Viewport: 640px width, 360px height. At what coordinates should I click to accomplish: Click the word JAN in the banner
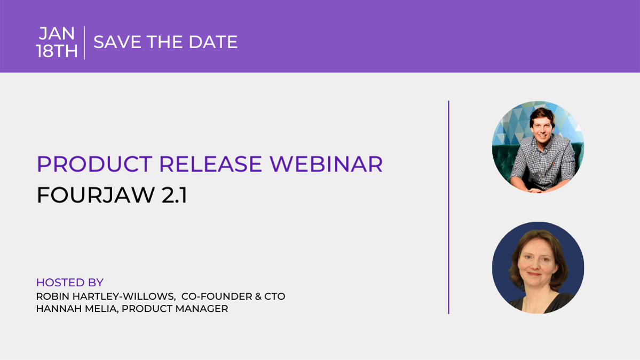pyautogui.click(x=57, y=34)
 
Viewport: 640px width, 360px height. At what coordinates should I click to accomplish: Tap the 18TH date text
pyautogui.click(x=57, y=51)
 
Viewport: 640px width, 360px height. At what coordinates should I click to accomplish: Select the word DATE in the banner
pyautogui.click(x=213, y=42)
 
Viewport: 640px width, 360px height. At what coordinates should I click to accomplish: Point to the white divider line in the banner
pyautogui.click(x=84, y=43)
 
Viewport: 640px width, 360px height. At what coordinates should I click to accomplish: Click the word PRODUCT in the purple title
pyautogui.click(x=94, y=164)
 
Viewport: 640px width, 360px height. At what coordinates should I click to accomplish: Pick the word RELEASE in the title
pyautogui.click(x=210, y=164)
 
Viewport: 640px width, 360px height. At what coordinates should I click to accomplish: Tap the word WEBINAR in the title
pyautogui.click(x=326, y=164)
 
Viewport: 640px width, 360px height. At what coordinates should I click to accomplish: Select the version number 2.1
pyautogui.click(x=175, y=195)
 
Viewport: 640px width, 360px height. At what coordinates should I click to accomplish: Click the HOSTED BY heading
pyautogui.click(x=70, y=283)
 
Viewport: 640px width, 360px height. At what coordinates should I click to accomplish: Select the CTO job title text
pyautogui.click(x=275, y=296)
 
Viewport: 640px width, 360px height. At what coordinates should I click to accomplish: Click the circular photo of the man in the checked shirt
pyautogui.click(x=538, y=147)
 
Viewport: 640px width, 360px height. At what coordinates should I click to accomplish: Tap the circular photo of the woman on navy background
pyautogui.click(x=538, y=268)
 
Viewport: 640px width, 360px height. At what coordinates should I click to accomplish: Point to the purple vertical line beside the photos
pyautogui.click(x=448, y=207)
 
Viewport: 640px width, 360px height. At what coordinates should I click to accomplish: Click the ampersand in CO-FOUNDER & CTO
pyautogui.click(x=258, y=296)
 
